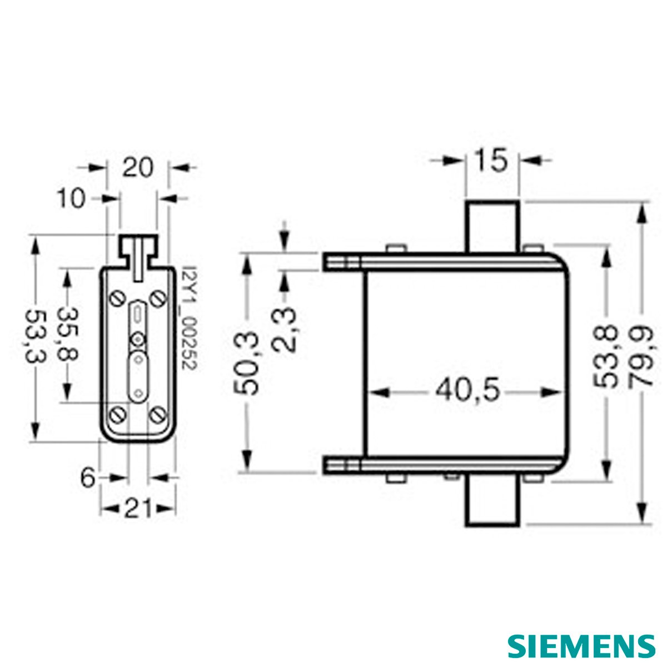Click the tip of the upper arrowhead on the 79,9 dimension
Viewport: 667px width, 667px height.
[643, 203]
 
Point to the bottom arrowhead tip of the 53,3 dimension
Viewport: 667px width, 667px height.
[36, 441]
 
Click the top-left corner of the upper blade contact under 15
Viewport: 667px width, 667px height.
[466, 201]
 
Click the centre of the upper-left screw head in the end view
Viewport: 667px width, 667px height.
[117, 298]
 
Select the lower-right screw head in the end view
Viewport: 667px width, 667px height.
[157, 415]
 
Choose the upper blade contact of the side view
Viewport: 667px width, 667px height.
[492, 227]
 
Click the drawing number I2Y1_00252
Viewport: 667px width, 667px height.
[189, 317]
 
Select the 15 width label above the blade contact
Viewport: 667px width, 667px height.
[491, 161]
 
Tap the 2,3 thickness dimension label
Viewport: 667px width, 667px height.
[284, 330]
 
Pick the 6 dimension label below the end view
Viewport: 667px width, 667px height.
[88, 478]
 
